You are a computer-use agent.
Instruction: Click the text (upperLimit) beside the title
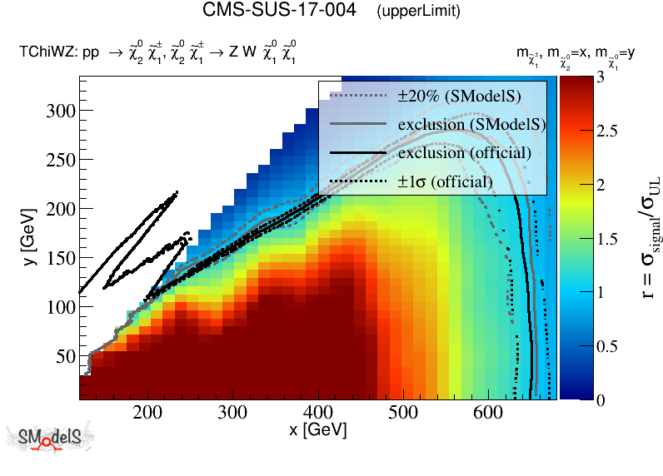tap(418, 12)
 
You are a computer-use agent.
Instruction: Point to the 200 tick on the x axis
tap(147, 412)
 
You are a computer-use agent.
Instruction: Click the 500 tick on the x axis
tap(403, 412)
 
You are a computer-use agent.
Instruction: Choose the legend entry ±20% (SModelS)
tap(459, 97)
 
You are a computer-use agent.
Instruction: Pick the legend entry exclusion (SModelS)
tap(471, 125)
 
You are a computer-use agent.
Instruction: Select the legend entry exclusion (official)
tap(464, 153)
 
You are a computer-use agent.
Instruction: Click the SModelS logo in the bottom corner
tap(51, 439)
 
